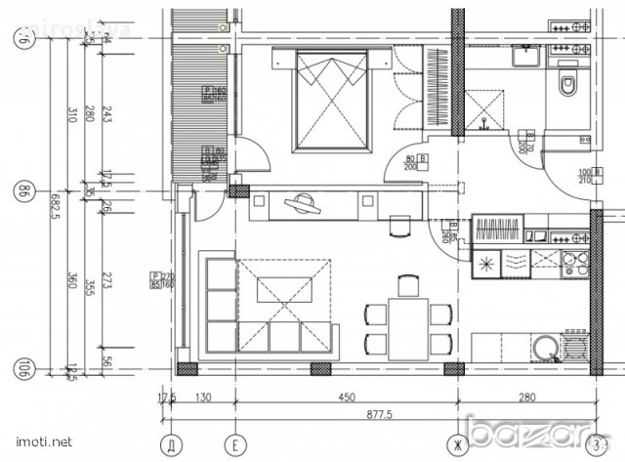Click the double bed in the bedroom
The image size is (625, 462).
coord(333,101)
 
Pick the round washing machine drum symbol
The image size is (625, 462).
coord(544,350)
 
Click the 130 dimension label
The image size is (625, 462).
coord(203,399)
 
